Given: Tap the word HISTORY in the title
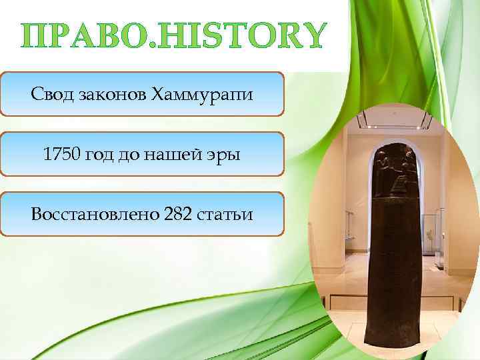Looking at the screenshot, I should point(241,36).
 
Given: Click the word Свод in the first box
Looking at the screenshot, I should point(49,95).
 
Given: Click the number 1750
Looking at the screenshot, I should point(62,155).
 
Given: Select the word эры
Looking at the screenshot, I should point(226,155).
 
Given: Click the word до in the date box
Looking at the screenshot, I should point(137,155).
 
